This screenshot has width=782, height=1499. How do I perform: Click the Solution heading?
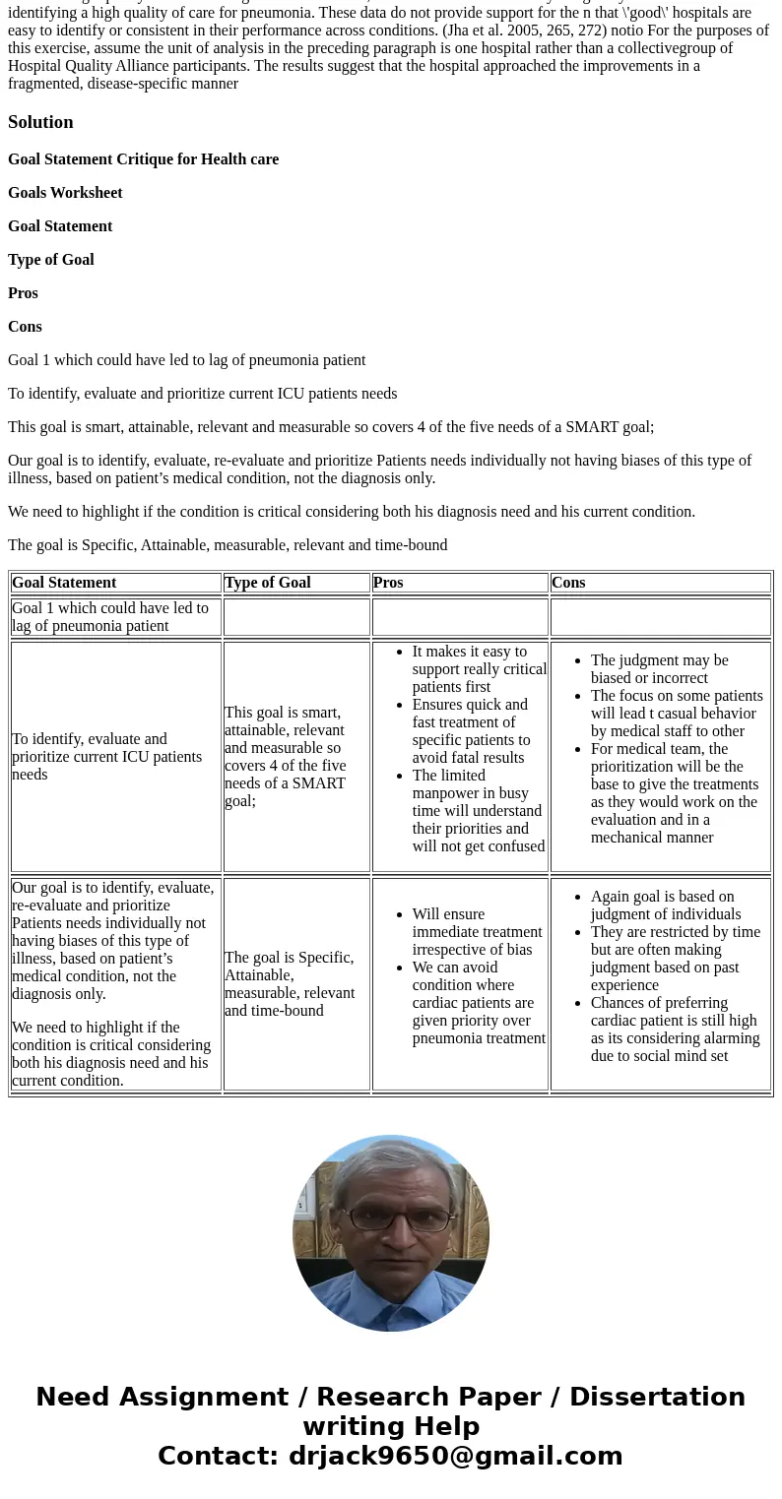click(40, 122)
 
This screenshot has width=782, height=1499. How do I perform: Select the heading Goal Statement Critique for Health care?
click(143, 159)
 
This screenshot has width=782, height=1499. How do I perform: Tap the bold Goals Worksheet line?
click(65, 193)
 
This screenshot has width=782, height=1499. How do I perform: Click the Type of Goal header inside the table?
click(267, 583)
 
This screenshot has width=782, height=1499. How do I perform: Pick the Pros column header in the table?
click(388, 583)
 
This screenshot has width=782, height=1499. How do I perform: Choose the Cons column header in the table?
click(568, 583)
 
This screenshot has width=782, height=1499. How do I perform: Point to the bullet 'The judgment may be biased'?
click(659, 669)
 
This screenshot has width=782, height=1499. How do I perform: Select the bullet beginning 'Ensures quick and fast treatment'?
click(471, 731)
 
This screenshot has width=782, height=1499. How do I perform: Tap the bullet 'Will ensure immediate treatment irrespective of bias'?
click(477, 932)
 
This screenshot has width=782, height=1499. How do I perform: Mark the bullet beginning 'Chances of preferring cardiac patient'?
click(675, 1030)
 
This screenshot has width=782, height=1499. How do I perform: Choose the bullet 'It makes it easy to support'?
click(479, 669)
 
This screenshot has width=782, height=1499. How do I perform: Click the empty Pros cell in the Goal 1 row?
click(460, 617)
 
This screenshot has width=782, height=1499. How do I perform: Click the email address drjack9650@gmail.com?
click(455, 1457)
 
